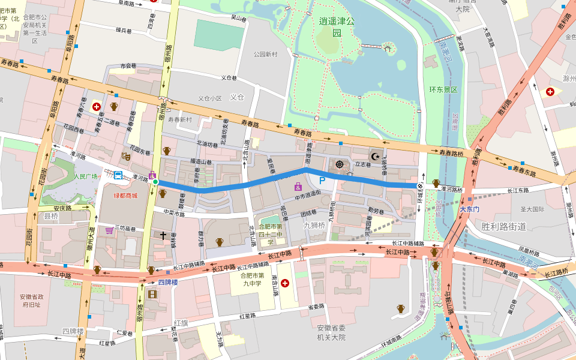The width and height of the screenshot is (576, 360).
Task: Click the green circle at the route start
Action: coord(155,182)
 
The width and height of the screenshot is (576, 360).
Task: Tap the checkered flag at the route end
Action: coord(422,187)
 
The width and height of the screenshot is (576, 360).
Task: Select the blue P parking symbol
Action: coord(322,179)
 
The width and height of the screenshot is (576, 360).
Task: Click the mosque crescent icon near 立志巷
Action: coord(376,157)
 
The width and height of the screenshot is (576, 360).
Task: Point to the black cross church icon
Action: coord(163,236)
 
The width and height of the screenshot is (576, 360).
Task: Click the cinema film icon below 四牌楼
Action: coord(152,294)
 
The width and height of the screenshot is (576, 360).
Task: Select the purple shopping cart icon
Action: coord(109,230)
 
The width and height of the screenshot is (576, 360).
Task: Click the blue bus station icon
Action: coord(118,176)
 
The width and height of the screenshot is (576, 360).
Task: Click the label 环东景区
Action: coord(443,89)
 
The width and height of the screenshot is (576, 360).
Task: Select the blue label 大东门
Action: coord(469,209)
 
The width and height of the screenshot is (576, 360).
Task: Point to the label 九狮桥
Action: coord(314,226)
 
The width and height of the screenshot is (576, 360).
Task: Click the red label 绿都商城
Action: coord(126,196)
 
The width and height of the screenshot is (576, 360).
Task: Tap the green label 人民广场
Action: coord(85,177)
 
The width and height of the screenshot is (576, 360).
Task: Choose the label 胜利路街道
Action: coord(503,226)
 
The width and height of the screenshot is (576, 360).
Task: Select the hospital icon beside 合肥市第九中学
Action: coord(284,283)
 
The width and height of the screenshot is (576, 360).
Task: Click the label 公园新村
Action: coord(265,55)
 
